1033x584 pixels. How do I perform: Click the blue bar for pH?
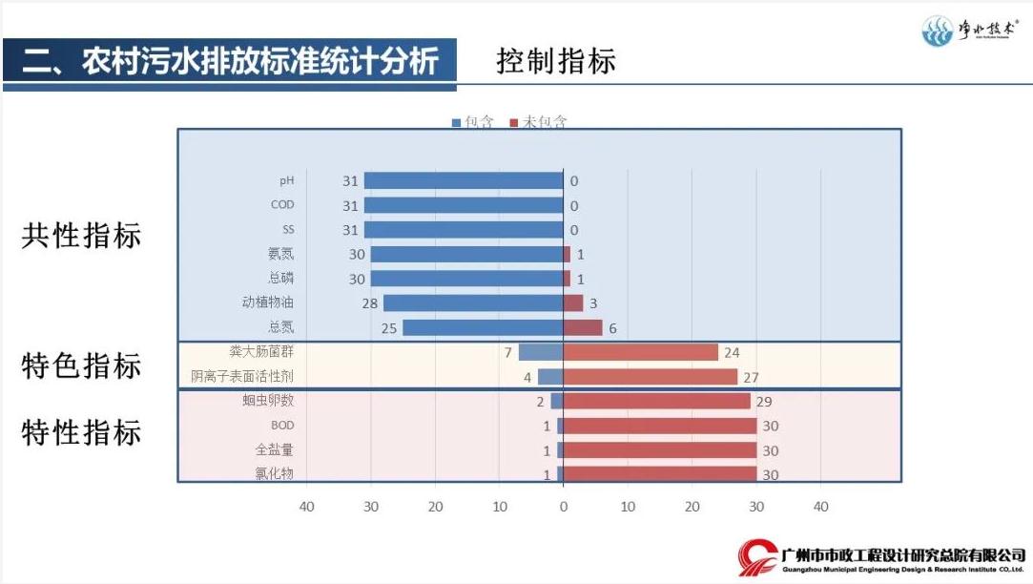click(x=464, y=180)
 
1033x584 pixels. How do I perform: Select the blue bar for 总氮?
click(x=483, y=327)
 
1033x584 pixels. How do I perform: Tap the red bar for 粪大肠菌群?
click(x=640, y=352)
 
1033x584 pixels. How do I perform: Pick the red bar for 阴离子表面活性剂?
click(x=650, y=377)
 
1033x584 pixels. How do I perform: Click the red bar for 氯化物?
click(x=659, y=474)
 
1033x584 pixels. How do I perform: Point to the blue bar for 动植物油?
click(x=473, y=302)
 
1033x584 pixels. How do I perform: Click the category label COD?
click(x=282, y=204)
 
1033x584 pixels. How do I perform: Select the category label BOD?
click(x=282, y=425)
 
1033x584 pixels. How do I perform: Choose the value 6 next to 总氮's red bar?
click(x=612, y=328)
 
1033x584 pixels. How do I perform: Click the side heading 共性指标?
click(x=81, y=237)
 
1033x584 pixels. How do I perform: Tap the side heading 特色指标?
click(x=81, y=366)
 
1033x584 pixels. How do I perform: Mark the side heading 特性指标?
click(x=81, y=432)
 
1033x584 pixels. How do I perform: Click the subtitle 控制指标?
click(x=555, y=61)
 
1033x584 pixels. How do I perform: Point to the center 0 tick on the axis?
click(x=563, y=507)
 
